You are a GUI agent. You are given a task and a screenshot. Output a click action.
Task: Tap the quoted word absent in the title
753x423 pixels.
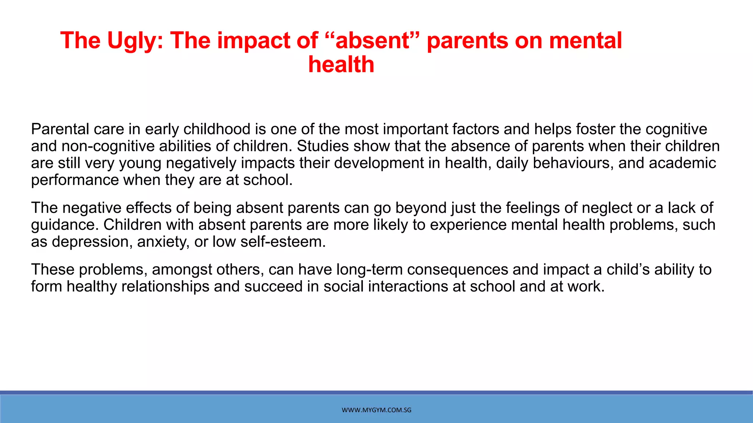click(372, 40)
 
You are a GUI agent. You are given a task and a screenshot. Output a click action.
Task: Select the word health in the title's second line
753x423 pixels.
click(341, 65)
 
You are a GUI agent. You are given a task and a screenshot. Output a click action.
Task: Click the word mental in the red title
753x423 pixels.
click(585, 40)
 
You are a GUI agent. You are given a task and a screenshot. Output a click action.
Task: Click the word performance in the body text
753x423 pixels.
click(75, 180)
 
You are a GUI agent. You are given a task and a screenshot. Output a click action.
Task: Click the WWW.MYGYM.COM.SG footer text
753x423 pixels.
click(376, 410)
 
